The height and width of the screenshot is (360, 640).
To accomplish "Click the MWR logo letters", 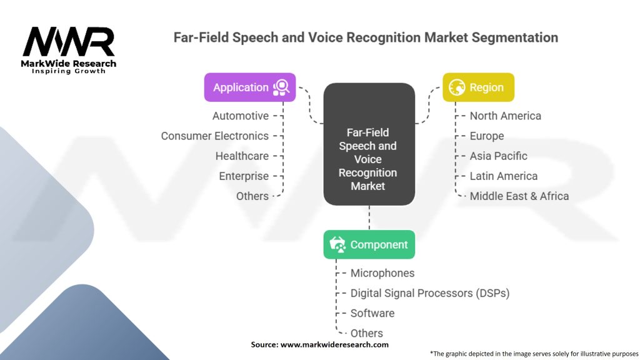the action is [x=69, y=42].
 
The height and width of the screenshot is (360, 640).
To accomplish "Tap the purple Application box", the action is [x=250, y=87].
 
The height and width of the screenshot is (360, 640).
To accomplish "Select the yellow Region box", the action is [x=478, y=87].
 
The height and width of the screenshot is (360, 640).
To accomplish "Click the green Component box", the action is [x=369, y=244].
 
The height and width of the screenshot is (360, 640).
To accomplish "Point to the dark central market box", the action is [x=369, y=144].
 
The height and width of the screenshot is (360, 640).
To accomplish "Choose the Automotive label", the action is [x=241, y=116].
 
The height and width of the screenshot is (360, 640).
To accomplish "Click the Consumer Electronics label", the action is [x=215, y=136].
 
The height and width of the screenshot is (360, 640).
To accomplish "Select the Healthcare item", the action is [x=242, y=156].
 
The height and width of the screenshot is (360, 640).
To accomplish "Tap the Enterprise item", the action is [x=244, y=176].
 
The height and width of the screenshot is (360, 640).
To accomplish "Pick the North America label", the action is [x=505, y=116].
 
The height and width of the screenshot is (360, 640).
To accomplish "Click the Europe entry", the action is [x=486, y=136].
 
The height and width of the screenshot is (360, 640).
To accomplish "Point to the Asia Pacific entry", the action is [x=498, y=156].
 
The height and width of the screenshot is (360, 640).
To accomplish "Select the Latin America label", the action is [x=504, y=176].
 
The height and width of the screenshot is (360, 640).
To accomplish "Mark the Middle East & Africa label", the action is [x=519, y=196].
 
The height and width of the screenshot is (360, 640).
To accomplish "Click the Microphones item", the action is [x=382, y=273].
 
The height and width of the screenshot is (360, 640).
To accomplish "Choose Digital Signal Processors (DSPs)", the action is [x=430, y=293].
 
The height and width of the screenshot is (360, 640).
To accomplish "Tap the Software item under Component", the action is [x=372, y=313].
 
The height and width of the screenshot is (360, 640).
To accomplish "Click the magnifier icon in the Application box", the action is [x=281, y=87].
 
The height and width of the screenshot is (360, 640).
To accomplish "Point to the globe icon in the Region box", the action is [x=457, y=87].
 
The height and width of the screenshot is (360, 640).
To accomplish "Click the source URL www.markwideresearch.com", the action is [x=334, y=344].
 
